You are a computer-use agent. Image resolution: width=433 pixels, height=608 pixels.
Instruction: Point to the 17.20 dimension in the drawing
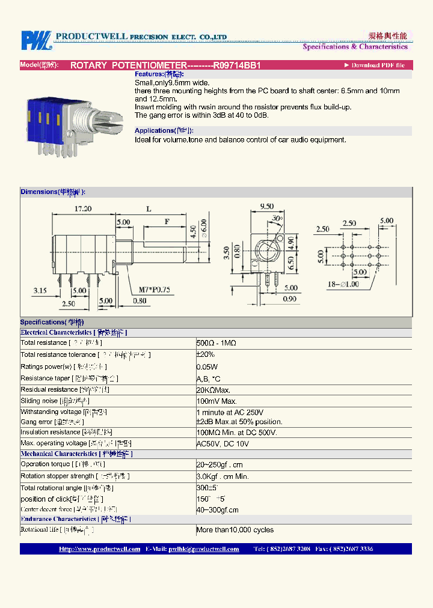point(83,209)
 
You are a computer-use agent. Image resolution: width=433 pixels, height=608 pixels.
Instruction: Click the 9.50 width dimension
point(266,207)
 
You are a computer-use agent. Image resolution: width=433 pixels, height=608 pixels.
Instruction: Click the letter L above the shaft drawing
point(149,209)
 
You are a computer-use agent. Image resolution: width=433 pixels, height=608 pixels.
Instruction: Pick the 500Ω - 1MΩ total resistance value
point(216,342)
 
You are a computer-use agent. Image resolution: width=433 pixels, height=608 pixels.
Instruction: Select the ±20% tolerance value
point(206,354)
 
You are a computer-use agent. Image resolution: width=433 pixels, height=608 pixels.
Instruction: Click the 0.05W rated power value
point(207,366)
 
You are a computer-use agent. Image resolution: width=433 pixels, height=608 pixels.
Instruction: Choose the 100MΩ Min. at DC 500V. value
point(236,433)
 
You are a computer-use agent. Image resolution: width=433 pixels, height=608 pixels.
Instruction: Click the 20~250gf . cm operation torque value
point(221,464)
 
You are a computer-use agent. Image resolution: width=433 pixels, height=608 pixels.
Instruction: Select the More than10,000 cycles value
point(235,530)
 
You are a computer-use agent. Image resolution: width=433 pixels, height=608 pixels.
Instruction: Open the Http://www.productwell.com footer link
point(100,549)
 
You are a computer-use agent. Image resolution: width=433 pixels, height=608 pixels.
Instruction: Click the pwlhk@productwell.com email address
point(204,549)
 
